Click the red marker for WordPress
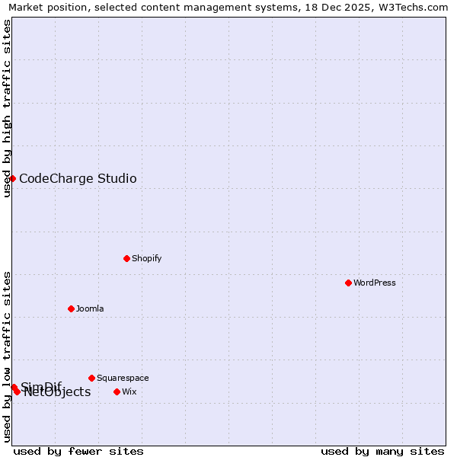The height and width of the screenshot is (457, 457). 348,283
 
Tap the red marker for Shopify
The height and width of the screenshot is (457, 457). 126,258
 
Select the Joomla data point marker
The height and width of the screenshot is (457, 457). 71,308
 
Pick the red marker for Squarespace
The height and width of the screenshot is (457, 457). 91,378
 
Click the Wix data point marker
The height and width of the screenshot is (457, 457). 117,391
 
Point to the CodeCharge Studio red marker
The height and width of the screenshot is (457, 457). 13,178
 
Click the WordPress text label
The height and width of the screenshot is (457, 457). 374,283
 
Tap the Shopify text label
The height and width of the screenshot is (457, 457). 146,258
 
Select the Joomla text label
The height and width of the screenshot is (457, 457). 90,308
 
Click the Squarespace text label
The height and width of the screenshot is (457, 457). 123,378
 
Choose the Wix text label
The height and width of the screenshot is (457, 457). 129,391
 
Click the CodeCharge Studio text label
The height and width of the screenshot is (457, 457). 78,178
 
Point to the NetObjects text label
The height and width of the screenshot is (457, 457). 57,392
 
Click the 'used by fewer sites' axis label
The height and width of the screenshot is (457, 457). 78,451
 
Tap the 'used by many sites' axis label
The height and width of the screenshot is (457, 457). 382,451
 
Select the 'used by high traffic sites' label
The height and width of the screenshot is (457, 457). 7,108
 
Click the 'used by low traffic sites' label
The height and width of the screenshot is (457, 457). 7,356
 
